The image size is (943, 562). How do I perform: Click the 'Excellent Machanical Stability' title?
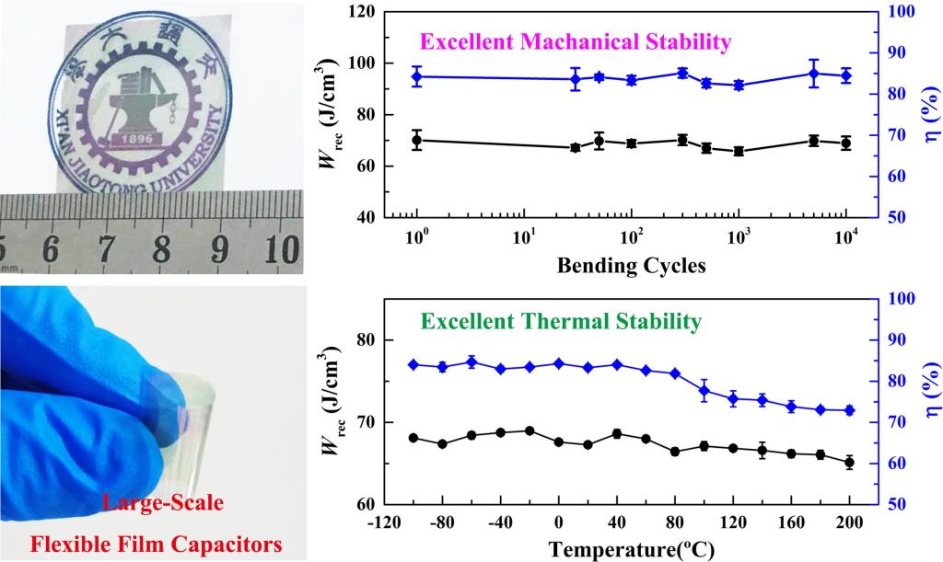click(575, 41)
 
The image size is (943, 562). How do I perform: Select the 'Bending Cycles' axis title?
click(631, 267)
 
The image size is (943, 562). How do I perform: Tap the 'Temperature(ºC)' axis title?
click(631, 550)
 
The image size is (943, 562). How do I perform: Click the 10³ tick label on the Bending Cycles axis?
click(738, 238)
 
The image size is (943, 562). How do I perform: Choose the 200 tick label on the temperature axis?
click(848, 522)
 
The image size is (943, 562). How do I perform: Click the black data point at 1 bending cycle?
click(417, 140)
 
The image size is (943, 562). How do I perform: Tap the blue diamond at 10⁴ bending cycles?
click(845, 75)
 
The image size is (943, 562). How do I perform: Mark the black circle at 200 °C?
click(849, 462)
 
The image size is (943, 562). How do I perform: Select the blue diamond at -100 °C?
click(413, 365)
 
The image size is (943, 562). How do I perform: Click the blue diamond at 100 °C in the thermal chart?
click(704, 391)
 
